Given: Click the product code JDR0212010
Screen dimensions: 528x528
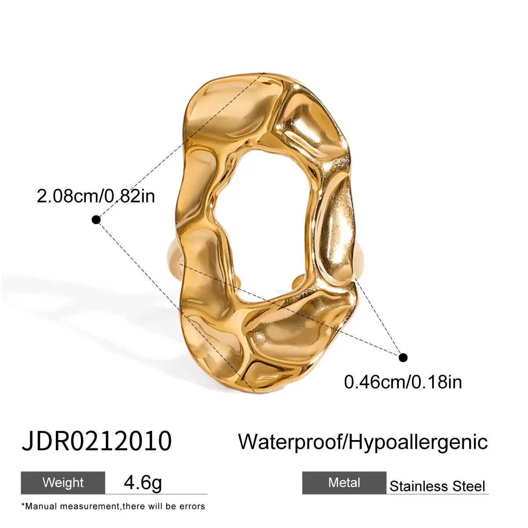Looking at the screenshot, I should coord(96,441).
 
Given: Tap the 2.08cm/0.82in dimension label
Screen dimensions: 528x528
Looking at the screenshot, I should coord(96,196).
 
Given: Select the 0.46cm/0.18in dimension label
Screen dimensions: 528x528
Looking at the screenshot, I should coord(403,382).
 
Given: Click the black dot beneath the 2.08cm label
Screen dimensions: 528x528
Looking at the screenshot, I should coord(96,219).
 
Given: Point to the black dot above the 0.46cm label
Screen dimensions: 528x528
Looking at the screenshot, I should coord(403,357).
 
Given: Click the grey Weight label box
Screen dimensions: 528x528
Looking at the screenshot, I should coord(63,483).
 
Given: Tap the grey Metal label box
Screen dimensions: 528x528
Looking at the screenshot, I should coord(344,483).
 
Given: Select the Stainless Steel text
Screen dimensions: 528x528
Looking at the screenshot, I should coord(437,486).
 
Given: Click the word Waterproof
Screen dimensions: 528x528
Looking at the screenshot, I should coord(291,441).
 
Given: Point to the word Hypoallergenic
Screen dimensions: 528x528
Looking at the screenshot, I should coord(419,441).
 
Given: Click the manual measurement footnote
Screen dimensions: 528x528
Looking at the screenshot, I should coord(113,506).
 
